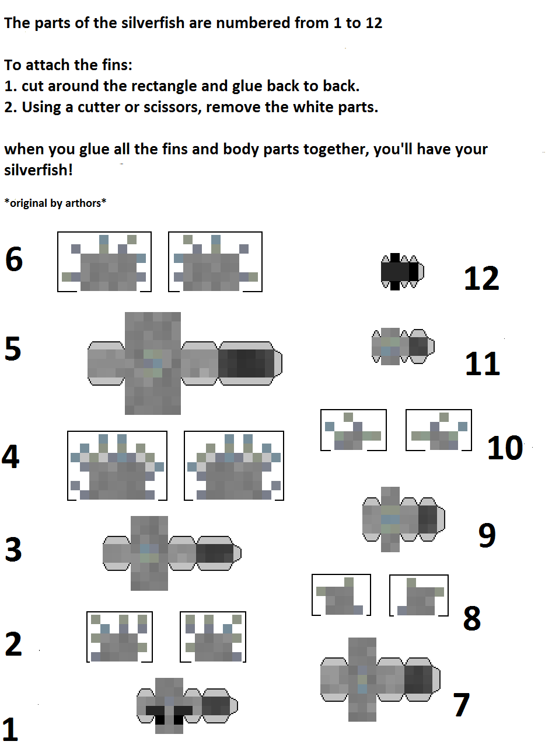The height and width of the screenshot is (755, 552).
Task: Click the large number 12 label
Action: [x=481, y=278]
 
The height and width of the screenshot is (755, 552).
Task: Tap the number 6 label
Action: [x=14, y=259]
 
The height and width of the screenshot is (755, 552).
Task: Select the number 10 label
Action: [x=505, y=448]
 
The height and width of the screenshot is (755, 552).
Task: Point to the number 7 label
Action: [x=461, y=704]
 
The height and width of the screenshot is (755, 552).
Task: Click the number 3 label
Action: [x=13, y=549]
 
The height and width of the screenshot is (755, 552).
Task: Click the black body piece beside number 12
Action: [x=403, y=271]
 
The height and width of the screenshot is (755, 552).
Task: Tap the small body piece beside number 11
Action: [x=403, y=347]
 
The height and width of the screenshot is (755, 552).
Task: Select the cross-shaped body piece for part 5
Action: [x=185, y=363]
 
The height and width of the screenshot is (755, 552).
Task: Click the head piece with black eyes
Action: [x=187, y=705]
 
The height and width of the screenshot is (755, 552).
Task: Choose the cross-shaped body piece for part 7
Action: [x=380, y=679]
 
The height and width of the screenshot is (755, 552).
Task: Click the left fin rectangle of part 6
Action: [x=104, y=262]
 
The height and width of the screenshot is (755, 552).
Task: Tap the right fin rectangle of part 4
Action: [x=234, y=466]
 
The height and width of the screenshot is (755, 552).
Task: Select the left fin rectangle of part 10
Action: [x=354, y=430]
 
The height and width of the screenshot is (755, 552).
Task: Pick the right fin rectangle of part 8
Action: [x=419, y=595]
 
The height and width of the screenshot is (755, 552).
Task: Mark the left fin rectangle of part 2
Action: [x=120, y=637]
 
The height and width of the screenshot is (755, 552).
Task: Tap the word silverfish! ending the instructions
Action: [x=39, y=170]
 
